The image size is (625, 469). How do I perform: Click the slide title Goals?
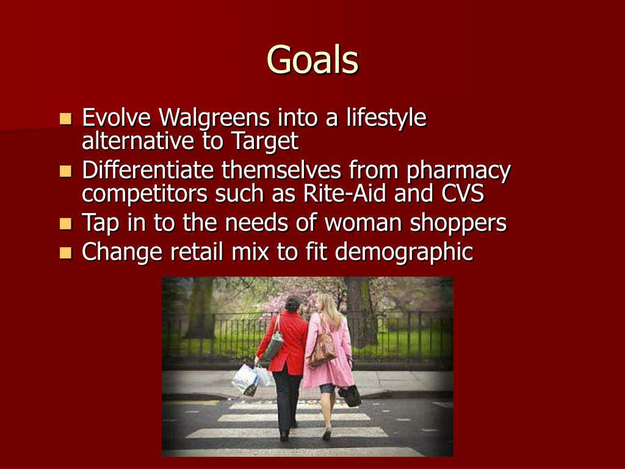point(312,60)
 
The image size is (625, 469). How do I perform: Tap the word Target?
point(264,141)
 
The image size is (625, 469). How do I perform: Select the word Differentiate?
point(148,170)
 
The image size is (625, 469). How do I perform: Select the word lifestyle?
point(386,117)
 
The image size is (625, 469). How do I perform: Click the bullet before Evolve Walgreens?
point(66,118)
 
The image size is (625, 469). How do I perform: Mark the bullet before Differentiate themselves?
point(66,171)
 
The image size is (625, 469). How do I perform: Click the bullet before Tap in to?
point(66,224)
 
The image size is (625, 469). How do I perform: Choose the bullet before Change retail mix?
point(66,252)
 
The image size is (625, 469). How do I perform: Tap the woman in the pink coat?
point(330,354)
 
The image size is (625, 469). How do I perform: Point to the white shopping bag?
point(247,379)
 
